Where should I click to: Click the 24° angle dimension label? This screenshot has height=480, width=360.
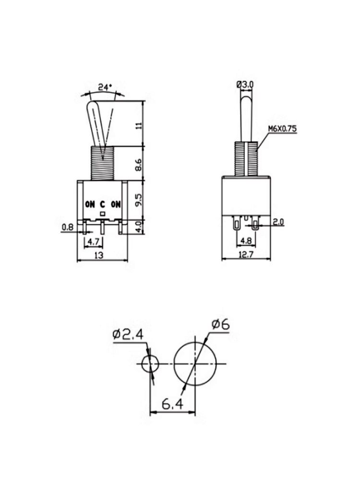pos(105,87)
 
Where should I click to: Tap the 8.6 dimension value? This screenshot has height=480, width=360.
pos(139,164)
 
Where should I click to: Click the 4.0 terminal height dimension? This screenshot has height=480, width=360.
pos(139,226)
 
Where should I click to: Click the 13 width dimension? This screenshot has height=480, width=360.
pos(99,256)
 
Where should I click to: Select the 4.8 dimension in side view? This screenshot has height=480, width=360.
pos(245,241)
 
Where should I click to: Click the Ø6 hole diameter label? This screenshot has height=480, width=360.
pos(220,325)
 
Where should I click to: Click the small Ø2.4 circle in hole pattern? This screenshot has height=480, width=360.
pos(150,364)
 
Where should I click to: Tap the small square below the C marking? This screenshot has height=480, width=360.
pos(102,213)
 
